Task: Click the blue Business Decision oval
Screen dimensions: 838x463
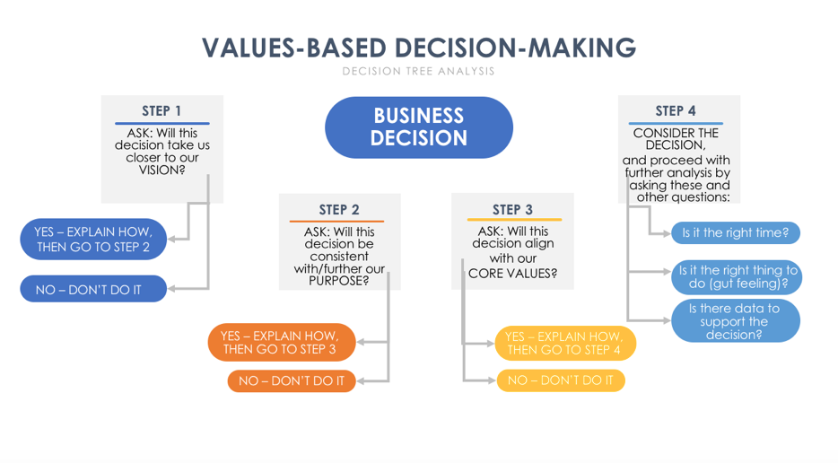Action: point(419,127)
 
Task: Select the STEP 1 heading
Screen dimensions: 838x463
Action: point(161,110)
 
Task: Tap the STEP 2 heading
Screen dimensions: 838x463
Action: point(339,210)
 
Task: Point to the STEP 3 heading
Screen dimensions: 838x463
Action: point(512,210)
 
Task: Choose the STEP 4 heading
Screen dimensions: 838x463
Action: point(676,110)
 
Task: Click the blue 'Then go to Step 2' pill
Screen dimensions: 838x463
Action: point(93,239)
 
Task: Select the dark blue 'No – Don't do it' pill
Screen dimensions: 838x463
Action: point(93,289)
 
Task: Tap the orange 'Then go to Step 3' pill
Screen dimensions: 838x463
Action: point(282,342)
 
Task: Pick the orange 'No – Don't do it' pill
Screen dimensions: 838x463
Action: point(292,380)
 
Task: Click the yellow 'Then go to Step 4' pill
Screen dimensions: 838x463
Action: point(565,343)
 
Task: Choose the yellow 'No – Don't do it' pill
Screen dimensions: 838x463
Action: point(561,380)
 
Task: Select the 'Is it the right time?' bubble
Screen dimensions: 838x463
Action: point(736,232)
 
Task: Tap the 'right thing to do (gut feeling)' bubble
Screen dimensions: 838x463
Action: point(737,277)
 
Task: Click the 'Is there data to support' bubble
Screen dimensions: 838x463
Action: point(736,321)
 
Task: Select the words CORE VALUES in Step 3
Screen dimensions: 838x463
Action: point(512,273)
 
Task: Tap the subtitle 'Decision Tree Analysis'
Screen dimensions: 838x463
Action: point(418,71)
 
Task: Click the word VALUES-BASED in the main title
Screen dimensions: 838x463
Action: point(294,48)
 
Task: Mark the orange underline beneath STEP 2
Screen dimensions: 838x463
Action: point(336,221)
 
